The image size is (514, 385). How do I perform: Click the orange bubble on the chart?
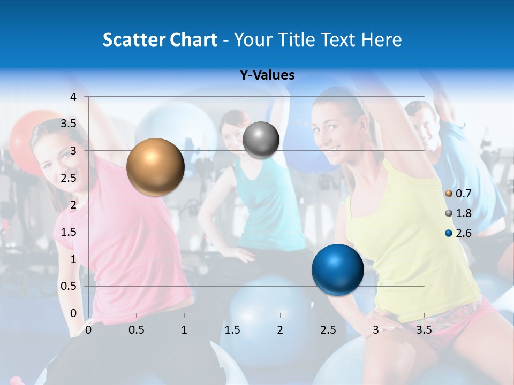[x=155, y=167]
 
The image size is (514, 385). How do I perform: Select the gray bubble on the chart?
[x=261, y=140]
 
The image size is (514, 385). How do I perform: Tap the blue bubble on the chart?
[x=337, y=269]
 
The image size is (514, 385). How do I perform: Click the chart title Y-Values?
[x=267, y=75]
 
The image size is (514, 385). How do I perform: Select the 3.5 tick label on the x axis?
[x=424, y=330]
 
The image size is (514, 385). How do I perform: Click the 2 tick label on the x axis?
[x=280, y=330]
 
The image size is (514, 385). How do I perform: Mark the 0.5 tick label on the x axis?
[x=137, y=330]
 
